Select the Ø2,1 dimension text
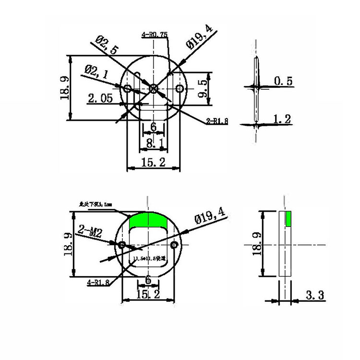tap(97, 72)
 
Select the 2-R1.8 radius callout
tap(217, 121)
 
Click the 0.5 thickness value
tap(283, 81)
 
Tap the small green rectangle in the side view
tap(288, 218)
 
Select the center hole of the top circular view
tap(153, 88)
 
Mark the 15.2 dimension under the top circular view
tap(153, 163)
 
